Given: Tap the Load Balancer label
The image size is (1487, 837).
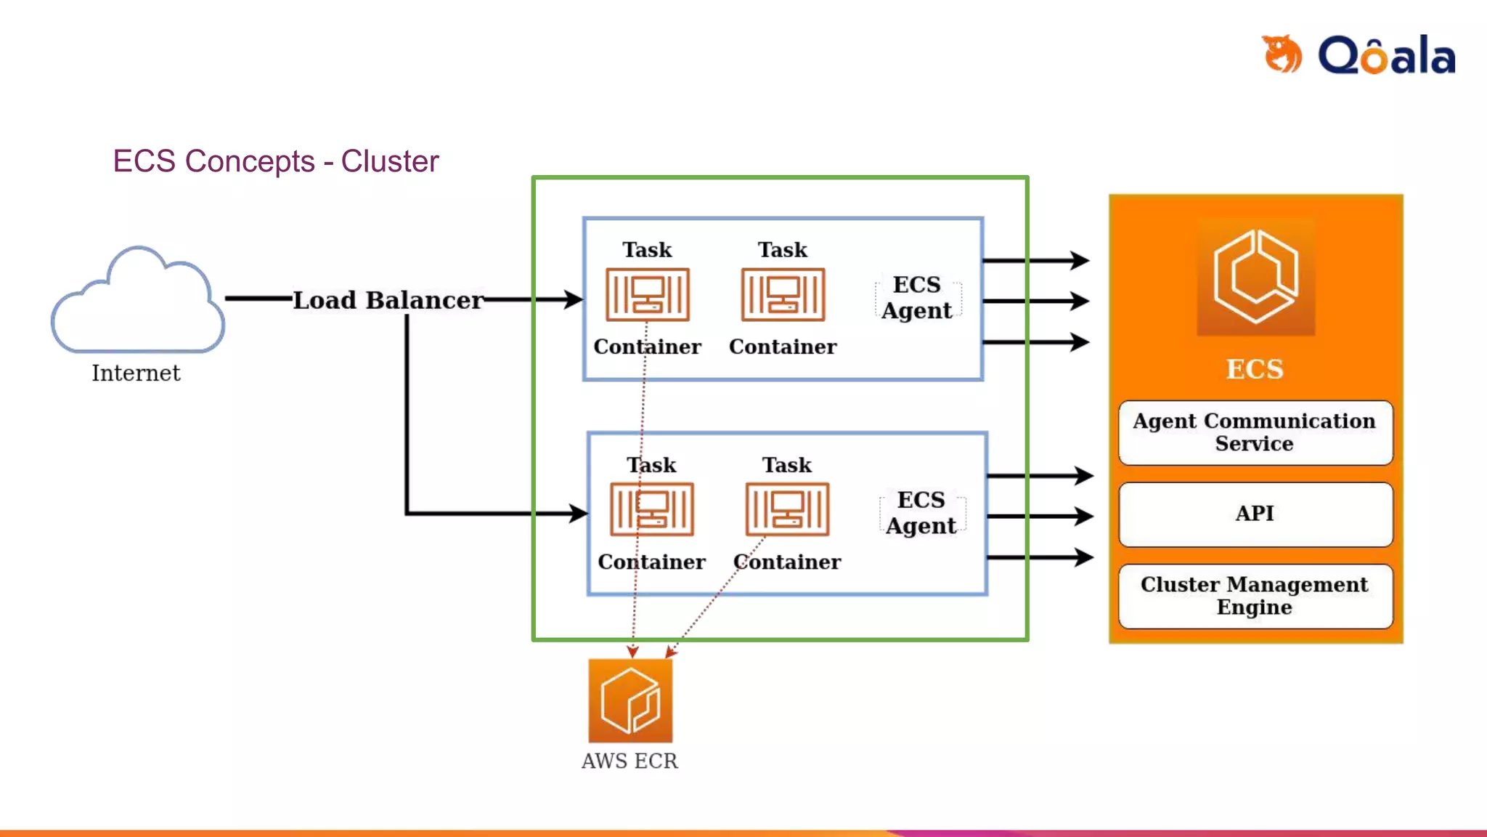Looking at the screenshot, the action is [x=388, y=300].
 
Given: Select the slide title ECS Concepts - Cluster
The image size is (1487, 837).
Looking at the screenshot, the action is [x=276, y=161].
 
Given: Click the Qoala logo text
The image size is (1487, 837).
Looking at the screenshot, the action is [x=1387, y=54].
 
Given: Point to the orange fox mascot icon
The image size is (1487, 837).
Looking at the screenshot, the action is [x=1282, y=54].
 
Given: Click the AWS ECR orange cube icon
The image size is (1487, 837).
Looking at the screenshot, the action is [x=630, y=700].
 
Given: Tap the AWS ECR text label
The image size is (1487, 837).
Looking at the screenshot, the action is [x=630, y=761].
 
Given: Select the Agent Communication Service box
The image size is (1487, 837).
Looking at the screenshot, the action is [x=1255, y=432].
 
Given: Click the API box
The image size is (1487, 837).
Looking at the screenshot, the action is [x=1255, y=514].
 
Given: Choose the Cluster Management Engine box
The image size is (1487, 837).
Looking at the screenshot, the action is [x=1255, y=596].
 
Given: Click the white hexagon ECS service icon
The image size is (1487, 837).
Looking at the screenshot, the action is [x=1255, y=277].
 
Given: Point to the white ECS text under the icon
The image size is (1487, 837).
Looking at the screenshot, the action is [x=1255, y=369].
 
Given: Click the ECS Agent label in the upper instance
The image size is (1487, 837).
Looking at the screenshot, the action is [x=917, y=297].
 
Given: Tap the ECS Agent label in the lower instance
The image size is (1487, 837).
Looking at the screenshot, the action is [x=921, y=512].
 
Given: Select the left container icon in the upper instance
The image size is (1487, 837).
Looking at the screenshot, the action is [x=648, y=294].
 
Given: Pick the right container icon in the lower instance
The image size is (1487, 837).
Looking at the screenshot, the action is [x=787, y=509].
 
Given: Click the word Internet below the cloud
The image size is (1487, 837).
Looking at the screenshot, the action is [x=136, y=373].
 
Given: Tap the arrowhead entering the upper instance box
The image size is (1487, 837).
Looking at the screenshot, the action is [x=574, y=299].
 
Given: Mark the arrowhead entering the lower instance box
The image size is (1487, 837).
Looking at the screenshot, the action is [x=578, y=514].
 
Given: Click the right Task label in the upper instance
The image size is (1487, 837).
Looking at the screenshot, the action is [x=783, y=250].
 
